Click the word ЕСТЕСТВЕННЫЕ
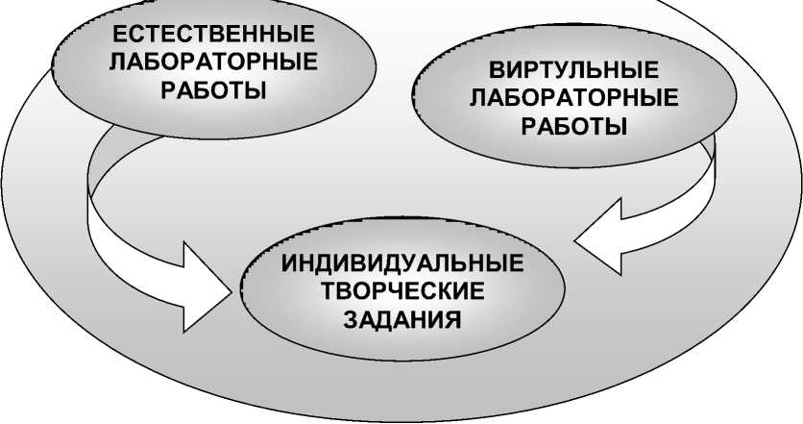tap(213, 36)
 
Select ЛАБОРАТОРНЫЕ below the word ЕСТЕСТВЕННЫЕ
tap(213, 63)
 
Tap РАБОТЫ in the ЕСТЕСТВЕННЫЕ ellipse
tap(213, 91)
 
